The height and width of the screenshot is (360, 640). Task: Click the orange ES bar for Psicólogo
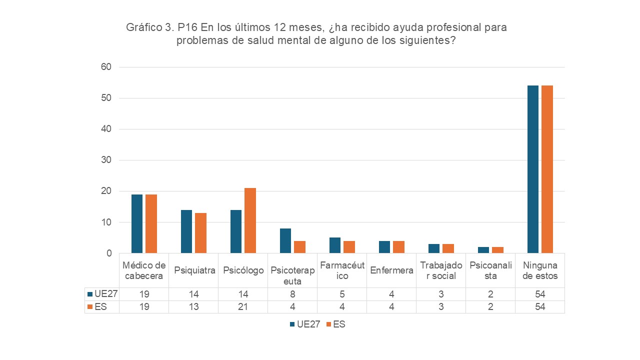click(x=250, y=220)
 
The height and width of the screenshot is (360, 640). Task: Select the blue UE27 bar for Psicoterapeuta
click(x=285, y=240)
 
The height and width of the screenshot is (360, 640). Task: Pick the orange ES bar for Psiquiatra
click(x=200, y=233)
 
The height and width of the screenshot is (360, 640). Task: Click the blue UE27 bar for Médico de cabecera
click(x=137, y=223)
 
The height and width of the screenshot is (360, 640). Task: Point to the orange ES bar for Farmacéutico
click(x=349, y=247)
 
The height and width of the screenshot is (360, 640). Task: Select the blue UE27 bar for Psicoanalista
click(x=483, y=250)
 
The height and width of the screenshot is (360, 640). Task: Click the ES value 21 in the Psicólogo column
click(x=243, y=307)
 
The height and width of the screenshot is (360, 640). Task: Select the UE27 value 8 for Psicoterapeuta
click(x=292, y=294)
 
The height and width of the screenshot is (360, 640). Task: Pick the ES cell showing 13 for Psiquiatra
click(x=193, y=307)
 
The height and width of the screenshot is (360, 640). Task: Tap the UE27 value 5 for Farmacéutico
click(x=342, y=294)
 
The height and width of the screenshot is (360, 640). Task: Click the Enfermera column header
click(x=391, y=270)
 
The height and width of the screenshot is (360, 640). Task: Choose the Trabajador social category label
click(x=441, y=270)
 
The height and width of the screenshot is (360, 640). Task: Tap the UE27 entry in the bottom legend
click(x=304, y=324)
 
